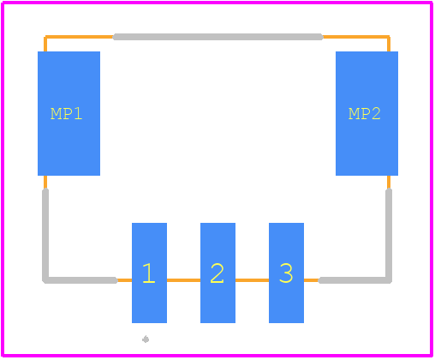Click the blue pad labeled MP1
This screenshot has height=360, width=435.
[x=69, y=113]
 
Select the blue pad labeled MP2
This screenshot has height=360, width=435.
[x=366, y=113]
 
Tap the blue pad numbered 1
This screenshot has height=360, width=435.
[x=149, y=273]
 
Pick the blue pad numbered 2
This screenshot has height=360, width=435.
[x=217, y=273]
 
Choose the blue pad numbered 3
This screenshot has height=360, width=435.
[x=286, y=273]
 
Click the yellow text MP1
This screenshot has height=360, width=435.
[x=67, y=114]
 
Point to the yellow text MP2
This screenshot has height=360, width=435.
[x=365, y=114]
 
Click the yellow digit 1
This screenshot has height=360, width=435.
[x=149, y=273]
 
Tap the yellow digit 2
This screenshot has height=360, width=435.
[x=217, y=273]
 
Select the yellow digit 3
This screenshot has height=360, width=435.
[x=286, y=273]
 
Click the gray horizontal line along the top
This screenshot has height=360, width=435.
[x=217, y=37]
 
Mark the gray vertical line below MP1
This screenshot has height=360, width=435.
[x=45, y=235]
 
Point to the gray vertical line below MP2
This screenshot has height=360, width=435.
[x=389, y=235]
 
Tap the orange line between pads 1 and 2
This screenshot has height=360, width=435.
[x=183, y=280]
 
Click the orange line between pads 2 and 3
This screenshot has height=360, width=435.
[x=252, y=280]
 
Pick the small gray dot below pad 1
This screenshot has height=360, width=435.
[x=146, y=339]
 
